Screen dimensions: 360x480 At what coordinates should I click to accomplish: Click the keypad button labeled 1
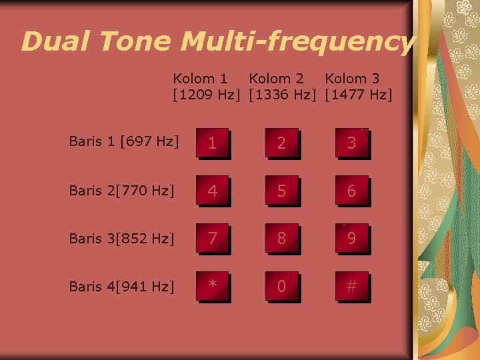click(x=213, y=143)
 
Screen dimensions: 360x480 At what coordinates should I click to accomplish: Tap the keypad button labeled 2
click(x=282, y=143)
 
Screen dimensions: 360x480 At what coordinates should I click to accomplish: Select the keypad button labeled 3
click(x=351, y=143)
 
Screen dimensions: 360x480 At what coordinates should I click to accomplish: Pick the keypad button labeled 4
click(x=213, y=191)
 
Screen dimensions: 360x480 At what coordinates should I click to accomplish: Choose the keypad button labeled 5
click(x=282, y=191)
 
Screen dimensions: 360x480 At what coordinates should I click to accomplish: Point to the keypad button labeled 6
click(x=351, y=191)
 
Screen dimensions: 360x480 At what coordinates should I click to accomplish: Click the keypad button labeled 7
click(x=213, y=239)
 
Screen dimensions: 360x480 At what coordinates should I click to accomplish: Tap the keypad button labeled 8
click(x=282, y=239)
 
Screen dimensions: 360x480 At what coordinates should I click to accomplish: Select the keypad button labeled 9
click(x=351, y=239)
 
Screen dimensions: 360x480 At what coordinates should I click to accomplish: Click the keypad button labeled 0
click(x=282, y=287)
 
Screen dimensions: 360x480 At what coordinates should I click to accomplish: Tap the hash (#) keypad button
click(x=351, y=287)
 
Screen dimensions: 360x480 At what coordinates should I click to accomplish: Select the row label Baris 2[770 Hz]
click(x=122, y=190)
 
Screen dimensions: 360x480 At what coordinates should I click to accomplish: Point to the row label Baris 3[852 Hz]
click(x=122, y=238)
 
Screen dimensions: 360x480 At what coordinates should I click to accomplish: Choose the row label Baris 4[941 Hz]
click(x=122, y=287)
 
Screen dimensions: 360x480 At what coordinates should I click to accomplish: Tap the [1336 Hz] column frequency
click(x=283, y=95)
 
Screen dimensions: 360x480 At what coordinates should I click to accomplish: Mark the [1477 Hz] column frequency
click(x=359, y=95)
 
